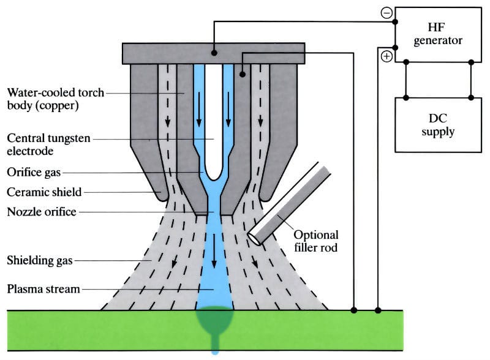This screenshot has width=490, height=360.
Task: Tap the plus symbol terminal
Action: click(386, 57)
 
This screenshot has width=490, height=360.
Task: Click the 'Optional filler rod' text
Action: click(316, 240)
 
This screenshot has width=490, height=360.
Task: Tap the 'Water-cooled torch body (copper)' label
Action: click(55, 99)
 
